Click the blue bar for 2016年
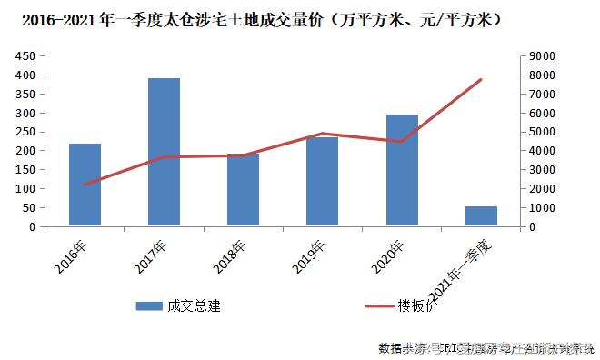point(85,185)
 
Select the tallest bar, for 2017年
point(164,152)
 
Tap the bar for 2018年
point(244,190)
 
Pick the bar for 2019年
point(323,181)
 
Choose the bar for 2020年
point(402,170)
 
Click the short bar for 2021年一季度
point(481,216)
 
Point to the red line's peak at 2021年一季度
point(481,79)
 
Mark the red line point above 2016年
point(85,185)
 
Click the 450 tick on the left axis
point(26,56)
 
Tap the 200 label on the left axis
point(26,151)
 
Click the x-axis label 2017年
point(153,257)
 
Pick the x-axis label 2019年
point(311,257)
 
